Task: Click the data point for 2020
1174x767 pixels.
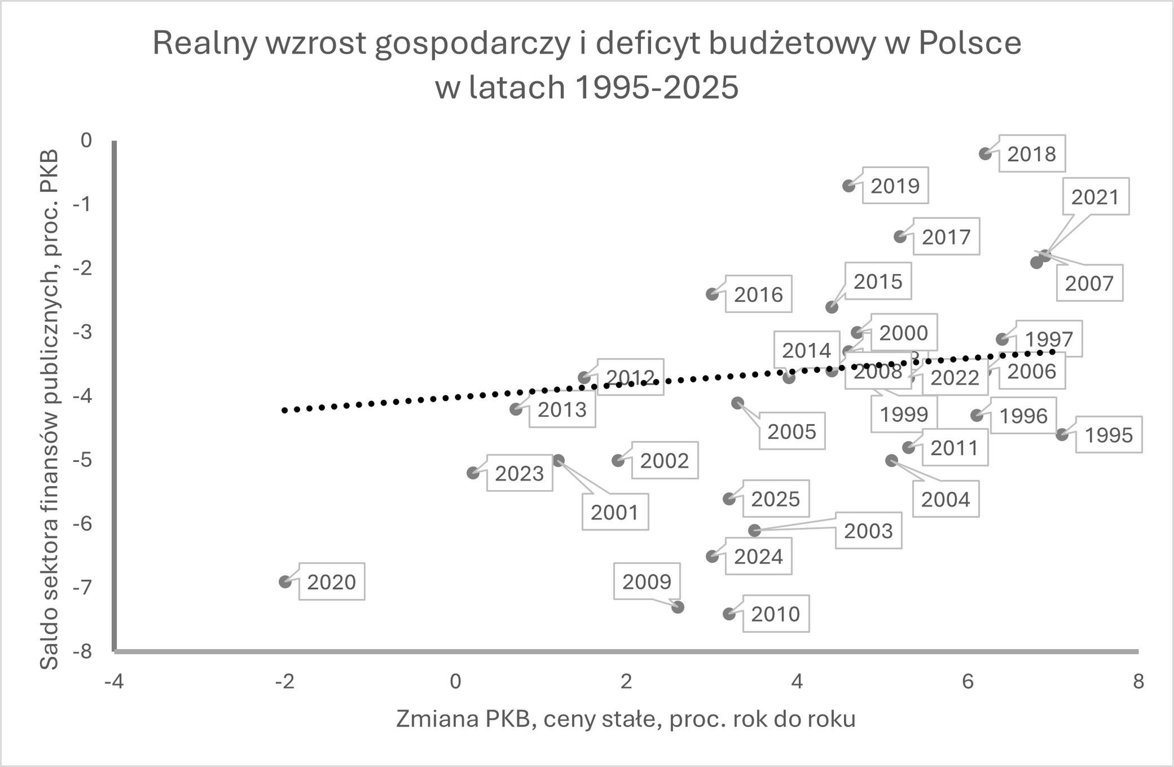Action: (x=285, y=581)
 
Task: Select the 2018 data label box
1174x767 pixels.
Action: (x=1031, y=154)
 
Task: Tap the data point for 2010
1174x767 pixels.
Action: (x=729, y=614)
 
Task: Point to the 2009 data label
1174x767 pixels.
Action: (x=647, y=581)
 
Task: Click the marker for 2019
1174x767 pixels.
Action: (x=848, y=186)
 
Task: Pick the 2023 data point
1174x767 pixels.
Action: (x=473, y=473)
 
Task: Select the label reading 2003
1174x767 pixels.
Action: (x=868, y=531)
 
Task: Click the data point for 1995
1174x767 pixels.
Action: (x=1062, y=434)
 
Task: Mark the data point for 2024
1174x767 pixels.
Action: (x=712, y=556)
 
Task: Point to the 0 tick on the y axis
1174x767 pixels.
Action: (x=86, y=140)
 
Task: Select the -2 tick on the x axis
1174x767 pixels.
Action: (x=284, y=682)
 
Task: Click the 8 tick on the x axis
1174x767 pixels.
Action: (x=1138, y=682)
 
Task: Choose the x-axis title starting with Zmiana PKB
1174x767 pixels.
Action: (x=625, y=719)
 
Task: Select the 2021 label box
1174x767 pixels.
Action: (x=1094, y=197)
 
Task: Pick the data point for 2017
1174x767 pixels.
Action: (x=900, y=236)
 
